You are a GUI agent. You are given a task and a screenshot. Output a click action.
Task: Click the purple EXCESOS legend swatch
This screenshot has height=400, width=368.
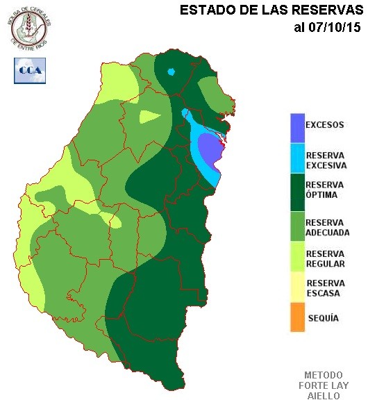tap(299, 126)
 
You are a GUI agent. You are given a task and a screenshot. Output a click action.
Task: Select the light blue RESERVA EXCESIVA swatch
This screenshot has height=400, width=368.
tap(299, 160)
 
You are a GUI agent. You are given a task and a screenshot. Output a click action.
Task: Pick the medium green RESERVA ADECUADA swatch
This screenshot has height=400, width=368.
tap(299, 228)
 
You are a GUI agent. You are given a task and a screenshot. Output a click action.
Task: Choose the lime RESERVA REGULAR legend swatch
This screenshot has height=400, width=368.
tap(299, 258)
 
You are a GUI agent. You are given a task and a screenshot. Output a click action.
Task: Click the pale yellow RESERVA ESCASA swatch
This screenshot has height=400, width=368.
tap(299, 288)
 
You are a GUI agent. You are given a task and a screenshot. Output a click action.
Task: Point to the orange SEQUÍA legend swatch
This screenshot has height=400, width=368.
tap(299, 317)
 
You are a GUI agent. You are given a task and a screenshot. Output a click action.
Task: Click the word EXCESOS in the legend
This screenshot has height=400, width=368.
tap(325, 126)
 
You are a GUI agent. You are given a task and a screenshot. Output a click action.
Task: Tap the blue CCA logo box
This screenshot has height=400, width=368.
tap(28, 71)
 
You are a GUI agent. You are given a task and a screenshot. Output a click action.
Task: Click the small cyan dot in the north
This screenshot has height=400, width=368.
tap(172, 71)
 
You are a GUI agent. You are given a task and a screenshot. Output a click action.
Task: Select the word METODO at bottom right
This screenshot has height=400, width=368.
tap(324, 375)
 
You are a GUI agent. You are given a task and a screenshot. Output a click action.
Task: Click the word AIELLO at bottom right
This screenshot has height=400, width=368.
tap(324, 395)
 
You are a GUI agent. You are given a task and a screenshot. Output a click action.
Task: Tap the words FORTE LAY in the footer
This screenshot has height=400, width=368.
tap(324, 385)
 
